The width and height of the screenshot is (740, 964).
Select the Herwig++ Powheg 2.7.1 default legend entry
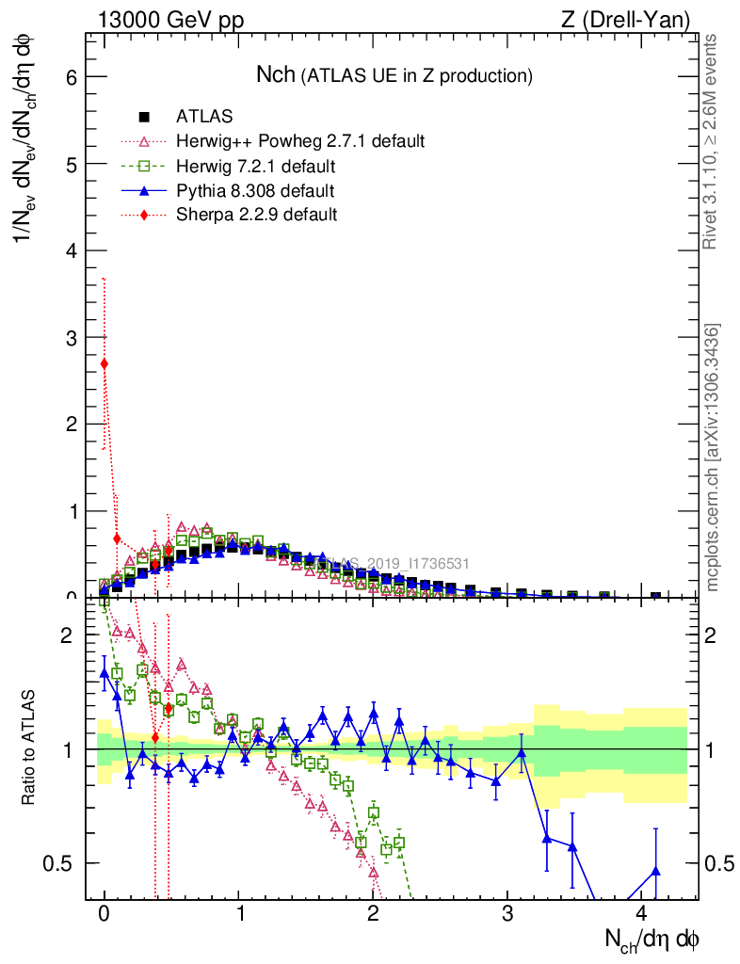pyautogui.click(x=300, y=141)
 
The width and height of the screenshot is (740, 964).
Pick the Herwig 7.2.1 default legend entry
pyautogui.click(x=255, y=167)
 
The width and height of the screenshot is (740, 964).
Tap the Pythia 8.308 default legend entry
pyautogui.click(x=255, y=191)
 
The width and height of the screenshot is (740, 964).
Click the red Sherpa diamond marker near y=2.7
pyautogui.click(x=104, y=363)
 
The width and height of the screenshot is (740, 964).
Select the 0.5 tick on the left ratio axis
pyautogui.click(x=62, y=863)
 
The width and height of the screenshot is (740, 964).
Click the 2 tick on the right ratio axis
pyautogui.click(x=714, y=635)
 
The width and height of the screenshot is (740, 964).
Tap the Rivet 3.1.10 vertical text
pyautogui.click(x=712, y=141)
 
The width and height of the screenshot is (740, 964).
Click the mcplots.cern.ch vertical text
pyautogui.click(x=712, y=458)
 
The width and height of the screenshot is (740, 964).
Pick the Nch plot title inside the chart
pyautogui.click(x=395, y=74)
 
